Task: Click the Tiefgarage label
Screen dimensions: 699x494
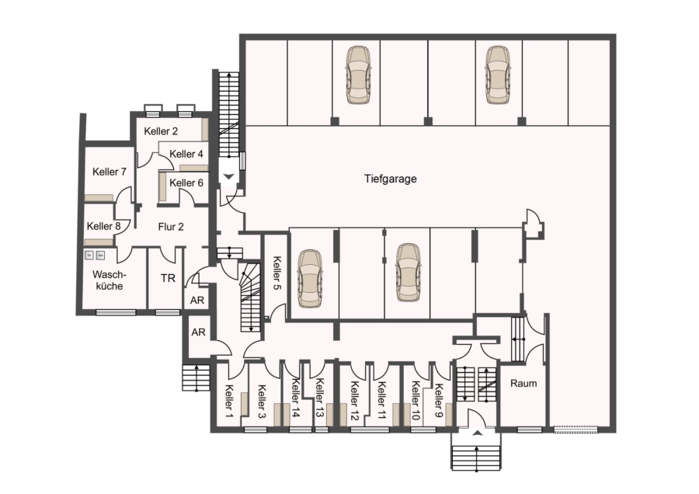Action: point(390,179)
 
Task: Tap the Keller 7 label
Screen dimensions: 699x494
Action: point(110,172)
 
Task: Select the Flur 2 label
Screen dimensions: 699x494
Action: point(171,227)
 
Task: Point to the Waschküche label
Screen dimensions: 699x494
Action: point(110,280)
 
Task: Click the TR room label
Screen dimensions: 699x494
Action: point(168,279)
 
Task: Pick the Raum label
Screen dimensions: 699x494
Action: point(523,384)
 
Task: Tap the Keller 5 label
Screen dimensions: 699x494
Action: point(276,273)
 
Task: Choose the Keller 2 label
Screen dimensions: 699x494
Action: point(161,131)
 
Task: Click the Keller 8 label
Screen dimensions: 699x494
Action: point(103,227)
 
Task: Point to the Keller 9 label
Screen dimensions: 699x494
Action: point(439,400)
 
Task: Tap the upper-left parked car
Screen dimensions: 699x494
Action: point(358,75)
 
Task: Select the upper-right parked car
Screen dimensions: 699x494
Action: point(498,75)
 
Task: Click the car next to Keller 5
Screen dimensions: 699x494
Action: point(309,279)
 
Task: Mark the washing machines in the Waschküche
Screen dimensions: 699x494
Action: point(95,256)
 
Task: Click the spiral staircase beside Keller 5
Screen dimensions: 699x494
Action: point(250,297)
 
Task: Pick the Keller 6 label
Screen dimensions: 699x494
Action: point(186,183)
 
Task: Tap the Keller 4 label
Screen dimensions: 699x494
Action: point(186,154)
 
